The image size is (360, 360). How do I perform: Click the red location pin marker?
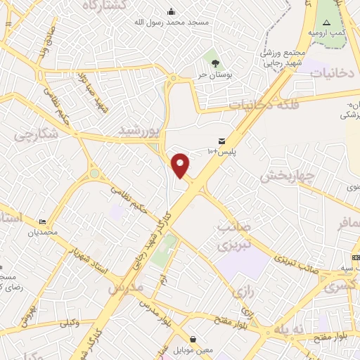click(x=181, y=165)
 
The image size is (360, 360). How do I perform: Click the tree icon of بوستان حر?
click(x=215, y=63)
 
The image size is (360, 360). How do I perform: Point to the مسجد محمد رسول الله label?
click(x=172, y=22)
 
